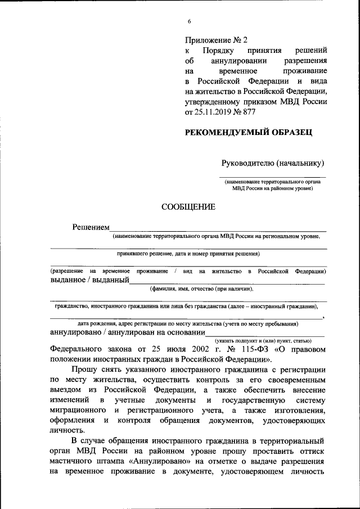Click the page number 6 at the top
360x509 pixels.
point(190,21)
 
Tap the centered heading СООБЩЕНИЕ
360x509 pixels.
point(188,206)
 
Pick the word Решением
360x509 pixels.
point(90,227)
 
